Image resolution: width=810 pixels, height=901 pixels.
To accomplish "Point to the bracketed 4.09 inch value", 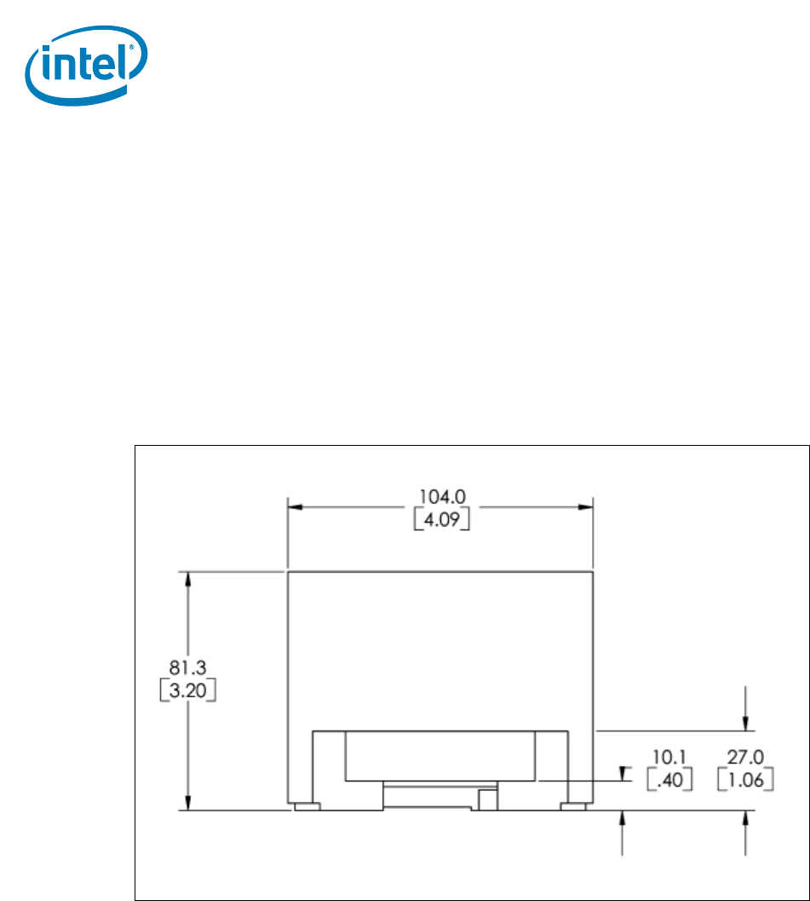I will [x=439, y=519].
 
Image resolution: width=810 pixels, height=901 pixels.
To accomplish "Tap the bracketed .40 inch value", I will [x=668, y=779].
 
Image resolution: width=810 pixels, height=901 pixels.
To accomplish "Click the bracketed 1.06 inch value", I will [x=745, y=779].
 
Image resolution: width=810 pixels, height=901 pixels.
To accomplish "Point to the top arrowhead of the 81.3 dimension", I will [x=189, y=578].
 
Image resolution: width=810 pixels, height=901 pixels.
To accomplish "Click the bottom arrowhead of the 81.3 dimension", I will [x=189, y=803].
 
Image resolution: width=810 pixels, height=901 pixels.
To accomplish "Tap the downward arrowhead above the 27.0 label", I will [x=746, y=724].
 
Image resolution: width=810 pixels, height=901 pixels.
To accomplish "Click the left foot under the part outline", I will [x=307, y=806].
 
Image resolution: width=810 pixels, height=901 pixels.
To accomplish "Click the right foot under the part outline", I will [x=573, y=806].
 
